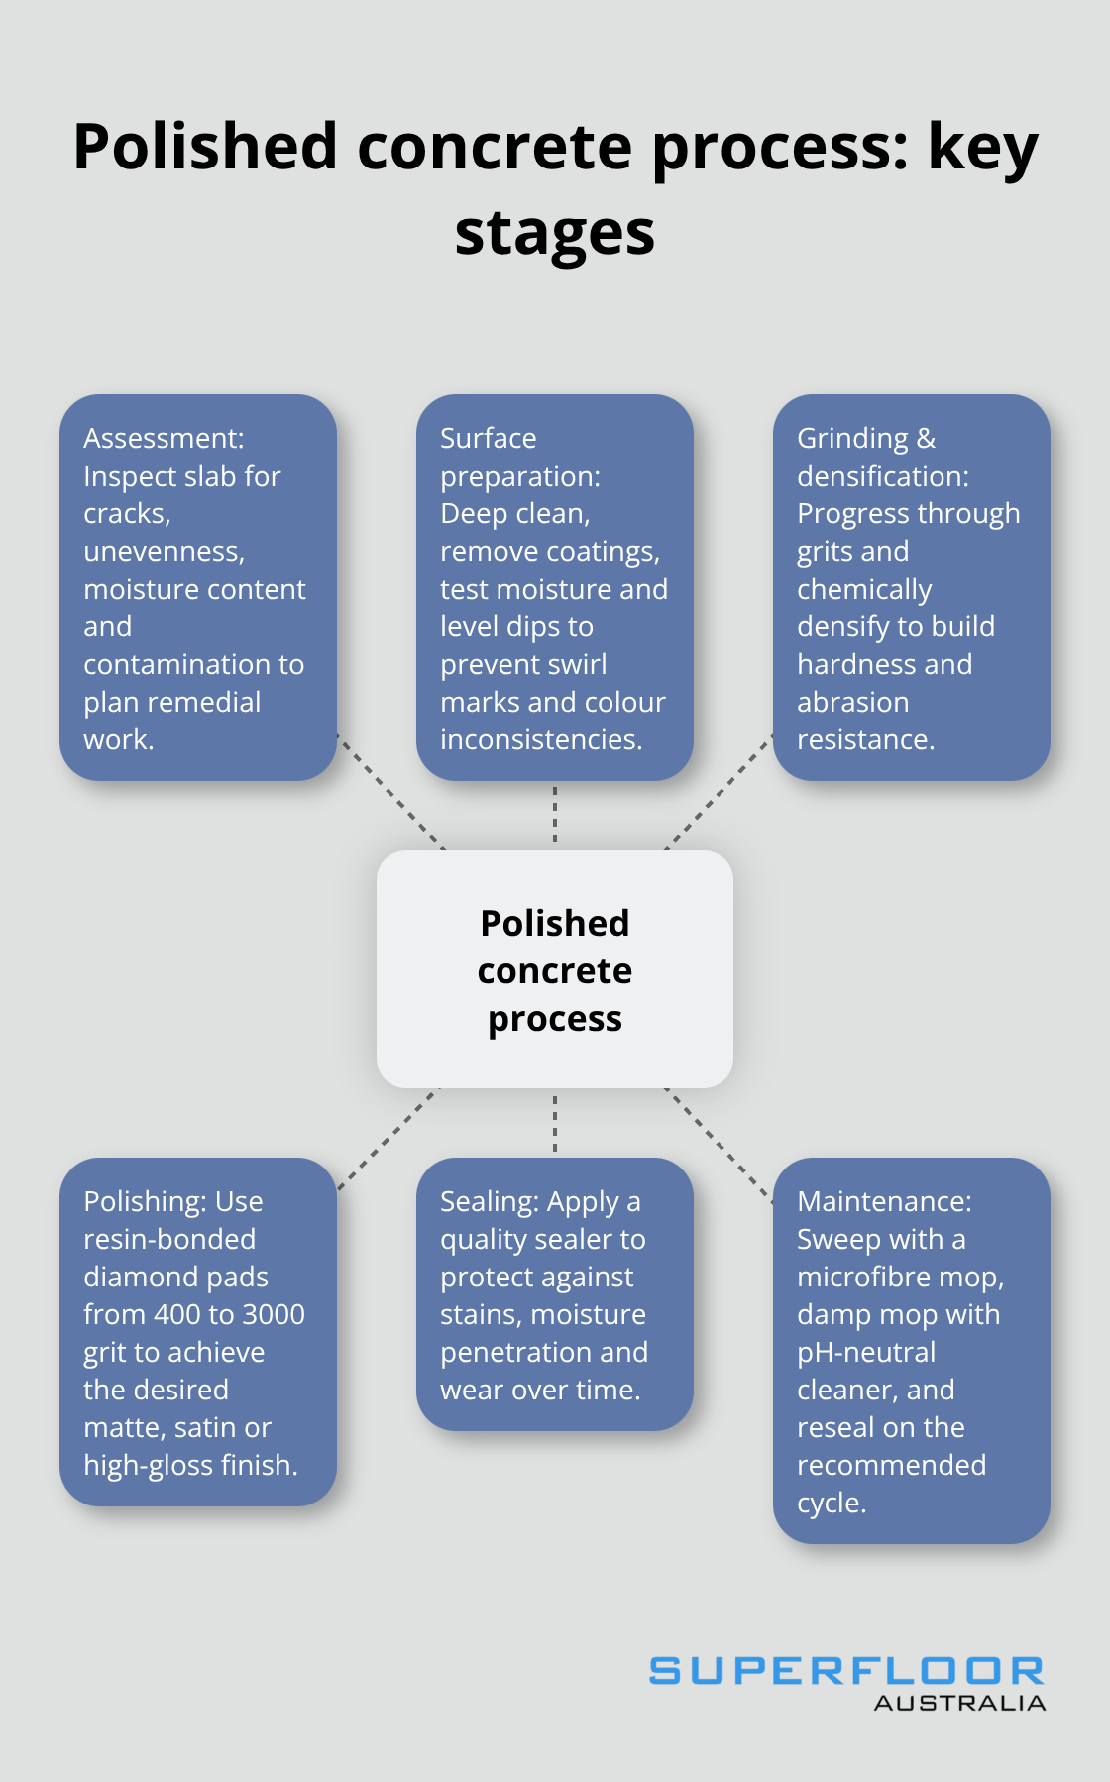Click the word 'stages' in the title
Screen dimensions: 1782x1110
coord(555,234)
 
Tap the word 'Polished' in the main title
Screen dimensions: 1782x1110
coord(205,147)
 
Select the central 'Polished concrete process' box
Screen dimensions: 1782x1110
coord(555,969)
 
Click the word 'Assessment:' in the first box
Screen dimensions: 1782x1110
coord(164,438)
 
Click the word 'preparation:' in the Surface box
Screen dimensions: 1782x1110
coord(520,476)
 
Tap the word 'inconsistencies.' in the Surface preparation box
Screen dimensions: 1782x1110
coord(541,739)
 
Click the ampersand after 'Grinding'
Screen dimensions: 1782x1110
coord(926,438)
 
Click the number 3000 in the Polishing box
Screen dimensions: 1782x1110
coord(274,1314)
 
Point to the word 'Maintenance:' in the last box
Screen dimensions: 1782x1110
coord(884,1201)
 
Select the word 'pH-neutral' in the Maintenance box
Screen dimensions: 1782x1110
coord(866,1352)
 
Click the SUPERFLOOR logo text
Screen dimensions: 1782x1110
coord(846,1671)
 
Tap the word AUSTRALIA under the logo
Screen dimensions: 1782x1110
coord(959,1703)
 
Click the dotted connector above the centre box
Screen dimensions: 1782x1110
coord(555,815)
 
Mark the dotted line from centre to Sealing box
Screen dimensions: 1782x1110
coord(555,1123)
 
